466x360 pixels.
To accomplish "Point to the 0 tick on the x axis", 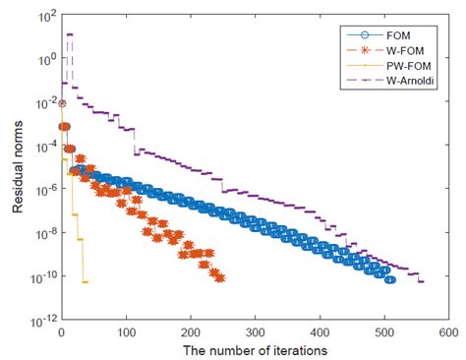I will coord(62,333).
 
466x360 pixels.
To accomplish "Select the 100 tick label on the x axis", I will coord(127,333).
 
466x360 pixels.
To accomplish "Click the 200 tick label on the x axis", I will coord(192,333).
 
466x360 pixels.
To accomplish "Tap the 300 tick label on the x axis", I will coord(257,333).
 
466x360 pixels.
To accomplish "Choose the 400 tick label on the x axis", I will coord(321,333).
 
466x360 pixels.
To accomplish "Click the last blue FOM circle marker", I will coord(390,279).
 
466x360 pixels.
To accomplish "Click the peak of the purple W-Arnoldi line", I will coord(69,34).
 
